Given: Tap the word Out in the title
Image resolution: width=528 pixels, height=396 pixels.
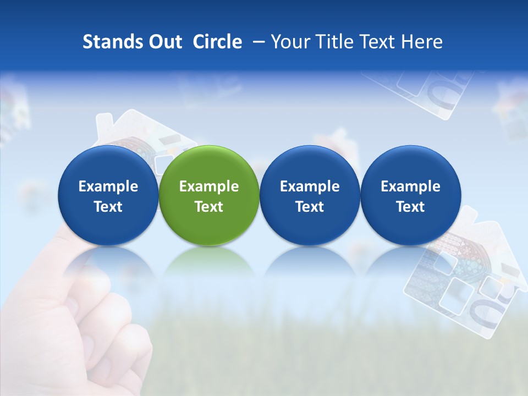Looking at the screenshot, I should (x=164, y=42).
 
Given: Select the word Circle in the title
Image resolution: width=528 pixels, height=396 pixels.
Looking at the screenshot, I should (x=217, y=42).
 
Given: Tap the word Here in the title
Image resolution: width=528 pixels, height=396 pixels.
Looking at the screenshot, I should (x=425, y=42).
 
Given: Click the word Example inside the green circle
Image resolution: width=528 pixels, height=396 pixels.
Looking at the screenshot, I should (x=209, y=186).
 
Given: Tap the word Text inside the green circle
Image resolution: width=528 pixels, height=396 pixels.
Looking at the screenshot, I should (x=209, y=207).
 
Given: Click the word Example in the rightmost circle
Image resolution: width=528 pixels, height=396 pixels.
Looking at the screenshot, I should (x=410, y=186).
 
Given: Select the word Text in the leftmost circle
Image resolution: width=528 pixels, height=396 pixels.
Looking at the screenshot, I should (x=108, y=207).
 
